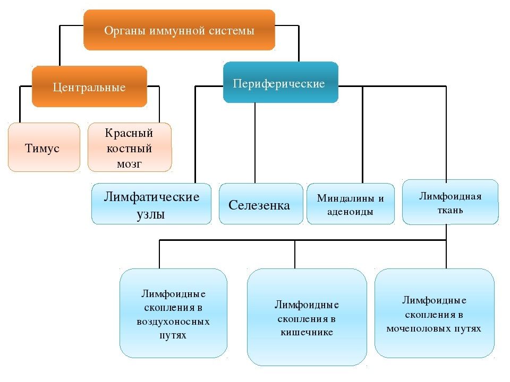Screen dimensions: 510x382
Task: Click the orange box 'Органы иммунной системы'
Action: pyautogui.click(x=179, y=30)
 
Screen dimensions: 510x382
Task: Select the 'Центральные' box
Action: pyautogui.click(x=89, y=86)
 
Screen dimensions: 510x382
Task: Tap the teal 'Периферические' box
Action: pyautogui.click(x=280, y=82)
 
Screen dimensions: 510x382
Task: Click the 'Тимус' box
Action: pyautogui.click(x=44, y=147)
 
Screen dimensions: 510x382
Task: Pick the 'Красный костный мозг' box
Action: pyautogui.click(x=130, y=147)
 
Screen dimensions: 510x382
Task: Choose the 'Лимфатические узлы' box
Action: pyautogui.click(x=151, y=204)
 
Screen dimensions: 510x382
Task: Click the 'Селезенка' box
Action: pyautogui.click(x=261, y=204)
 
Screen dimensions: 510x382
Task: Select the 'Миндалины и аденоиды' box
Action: pyautogui.click(x=351, y=204)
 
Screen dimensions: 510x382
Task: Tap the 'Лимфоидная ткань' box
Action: pyautogui.click(x=450, y=202)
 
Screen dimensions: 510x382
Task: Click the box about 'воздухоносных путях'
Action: pyautogui.click(x=173, y=313)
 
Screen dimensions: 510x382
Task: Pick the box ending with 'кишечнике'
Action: pyautogui.click(x=307, y=317)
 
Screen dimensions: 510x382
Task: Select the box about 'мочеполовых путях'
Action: pyautogui.click(x=434, y=313)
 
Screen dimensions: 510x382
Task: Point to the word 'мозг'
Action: pyautogui.click(x=129, y=164)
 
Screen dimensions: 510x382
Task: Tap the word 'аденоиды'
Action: pyautogui.click(x=350, y=212)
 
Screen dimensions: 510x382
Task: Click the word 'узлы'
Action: pyautogui.click(x=150, y=215)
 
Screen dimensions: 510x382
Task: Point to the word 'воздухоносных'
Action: pyautogui.click(x=173, y=322)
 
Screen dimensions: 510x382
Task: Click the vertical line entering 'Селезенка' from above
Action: pyautogui.click(x=255, y=143)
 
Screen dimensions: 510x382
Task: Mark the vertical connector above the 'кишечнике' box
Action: pyautogui.click(x=295, y=254)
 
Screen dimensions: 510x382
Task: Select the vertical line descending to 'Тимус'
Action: pyautogui.click(x=20, y=105)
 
